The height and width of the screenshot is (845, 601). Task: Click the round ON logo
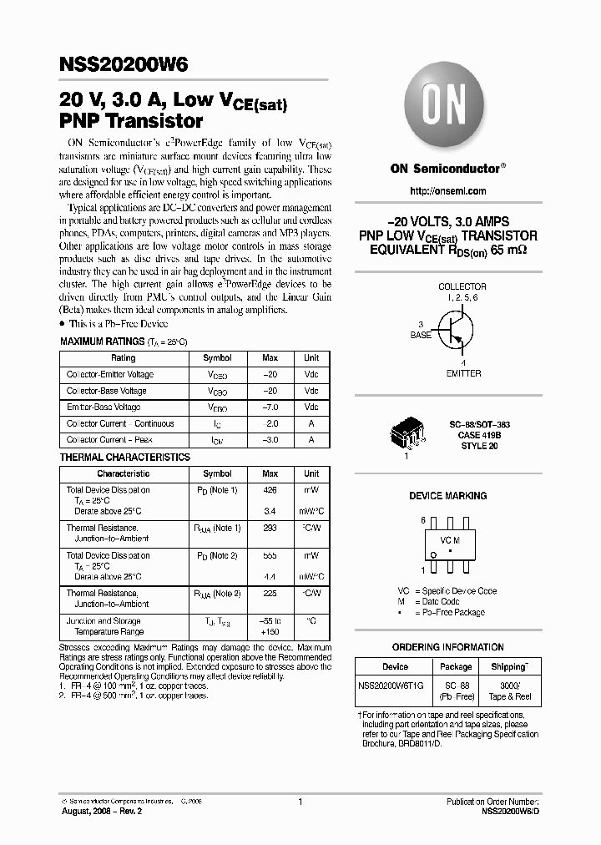coord(447,106)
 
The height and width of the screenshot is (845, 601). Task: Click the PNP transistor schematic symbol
coord(453,329)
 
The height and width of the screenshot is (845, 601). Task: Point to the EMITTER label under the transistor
coord(462,373)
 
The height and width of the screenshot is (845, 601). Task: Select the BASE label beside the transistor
coord(421,335)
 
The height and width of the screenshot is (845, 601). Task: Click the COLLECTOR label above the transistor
coord(462,286)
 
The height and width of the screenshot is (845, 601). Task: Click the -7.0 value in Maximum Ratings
coord(270,407)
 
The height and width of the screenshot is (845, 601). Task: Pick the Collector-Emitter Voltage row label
coord(110,374)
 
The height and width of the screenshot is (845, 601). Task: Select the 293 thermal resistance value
coord(269,528)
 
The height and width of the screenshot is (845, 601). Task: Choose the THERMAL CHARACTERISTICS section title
coord(125,458)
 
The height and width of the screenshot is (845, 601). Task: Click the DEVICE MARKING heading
coord(447,496)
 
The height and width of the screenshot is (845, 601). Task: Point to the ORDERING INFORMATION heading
coord(447,646)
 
